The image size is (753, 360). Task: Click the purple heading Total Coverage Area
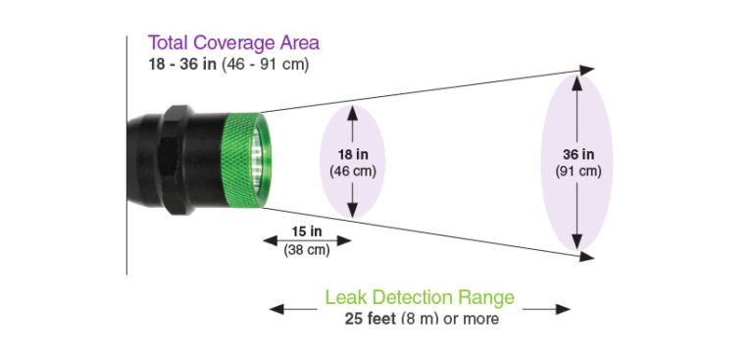click(x=233, y=43)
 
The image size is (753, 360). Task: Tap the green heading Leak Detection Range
click(x=420, y=297)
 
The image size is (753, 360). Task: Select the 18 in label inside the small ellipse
click(x=353, y=154)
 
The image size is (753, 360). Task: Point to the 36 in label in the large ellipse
click(x=577, y=154)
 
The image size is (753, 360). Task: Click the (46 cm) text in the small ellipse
click(x=353, y=171)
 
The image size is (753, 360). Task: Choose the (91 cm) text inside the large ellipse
click(x=577, y=171)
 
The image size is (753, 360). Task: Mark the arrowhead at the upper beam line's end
click(x=586, y=69)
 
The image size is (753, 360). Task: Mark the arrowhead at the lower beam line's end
click(x=586, y=257)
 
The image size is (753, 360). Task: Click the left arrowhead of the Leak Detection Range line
click(x=276, y=309)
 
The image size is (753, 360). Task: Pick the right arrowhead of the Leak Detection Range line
click(x=564, y=309)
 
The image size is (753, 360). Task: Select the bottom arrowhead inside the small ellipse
click(x=353, y=210)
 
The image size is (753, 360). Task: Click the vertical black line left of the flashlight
click(x=126, y=157)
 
